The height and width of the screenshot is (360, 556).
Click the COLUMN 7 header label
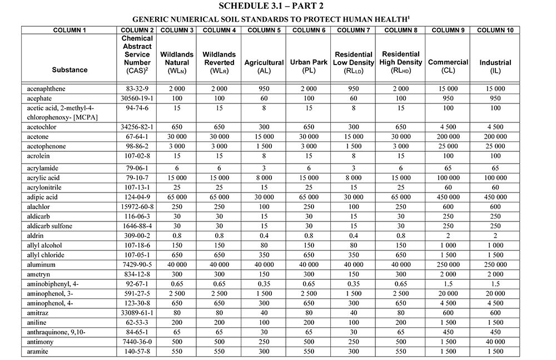pyautogui.click(x=354, y=30)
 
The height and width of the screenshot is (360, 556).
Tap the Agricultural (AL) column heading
pyautogui.click(x=264, y=67)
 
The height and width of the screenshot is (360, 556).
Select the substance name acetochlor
pyautogui.click(x=42, y=127)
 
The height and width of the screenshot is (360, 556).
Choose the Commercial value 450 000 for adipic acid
pyautogui.click(x=448, y=197)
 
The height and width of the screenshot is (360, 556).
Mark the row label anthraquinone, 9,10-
pyautogui.click(x=53, y=332)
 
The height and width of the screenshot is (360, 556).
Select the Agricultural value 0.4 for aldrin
pyautogui.click(x=264, y=235)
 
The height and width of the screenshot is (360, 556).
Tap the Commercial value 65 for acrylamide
pyautogui.click(x=448, y=168)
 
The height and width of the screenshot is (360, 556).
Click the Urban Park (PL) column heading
pyautogui.click(x=308, y=67)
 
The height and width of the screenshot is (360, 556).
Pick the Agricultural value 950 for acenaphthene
pyautogui.click(x=264, y=88)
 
